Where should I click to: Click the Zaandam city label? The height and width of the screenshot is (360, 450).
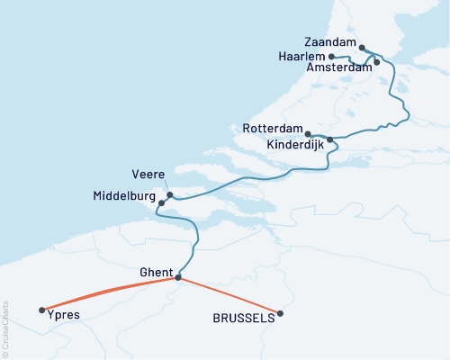click(328, 42)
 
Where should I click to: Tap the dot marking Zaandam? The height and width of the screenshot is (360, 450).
click(362, 48)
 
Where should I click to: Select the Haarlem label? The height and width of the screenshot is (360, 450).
click(301, 56)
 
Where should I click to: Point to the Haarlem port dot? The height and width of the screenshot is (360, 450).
click(332, 57)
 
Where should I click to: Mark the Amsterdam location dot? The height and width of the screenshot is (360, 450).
click(377, 62)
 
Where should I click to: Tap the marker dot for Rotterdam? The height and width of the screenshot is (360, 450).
click(309, 131)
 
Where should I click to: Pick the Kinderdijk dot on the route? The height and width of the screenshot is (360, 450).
click(330, 139)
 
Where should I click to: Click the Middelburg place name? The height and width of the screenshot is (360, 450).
click(123, 195)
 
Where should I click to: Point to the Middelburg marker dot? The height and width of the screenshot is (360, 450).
click(161, 203)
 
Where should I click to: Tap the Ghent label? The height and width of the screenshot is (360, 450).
click(157, 271)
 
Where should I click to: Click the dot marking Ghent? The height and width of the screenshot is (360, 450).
click(177, 277)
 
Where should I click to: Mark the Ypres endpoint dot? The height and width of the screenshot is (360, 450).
click(42, 310)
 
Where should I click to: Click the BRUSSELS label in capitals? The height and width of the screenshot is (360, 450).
click(242, 319)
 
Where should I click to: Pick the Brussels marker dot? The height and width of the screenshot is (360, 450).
click(281, 313)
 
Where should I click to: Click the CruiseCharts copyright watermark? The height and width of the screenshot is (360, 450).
click(5, 328)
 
